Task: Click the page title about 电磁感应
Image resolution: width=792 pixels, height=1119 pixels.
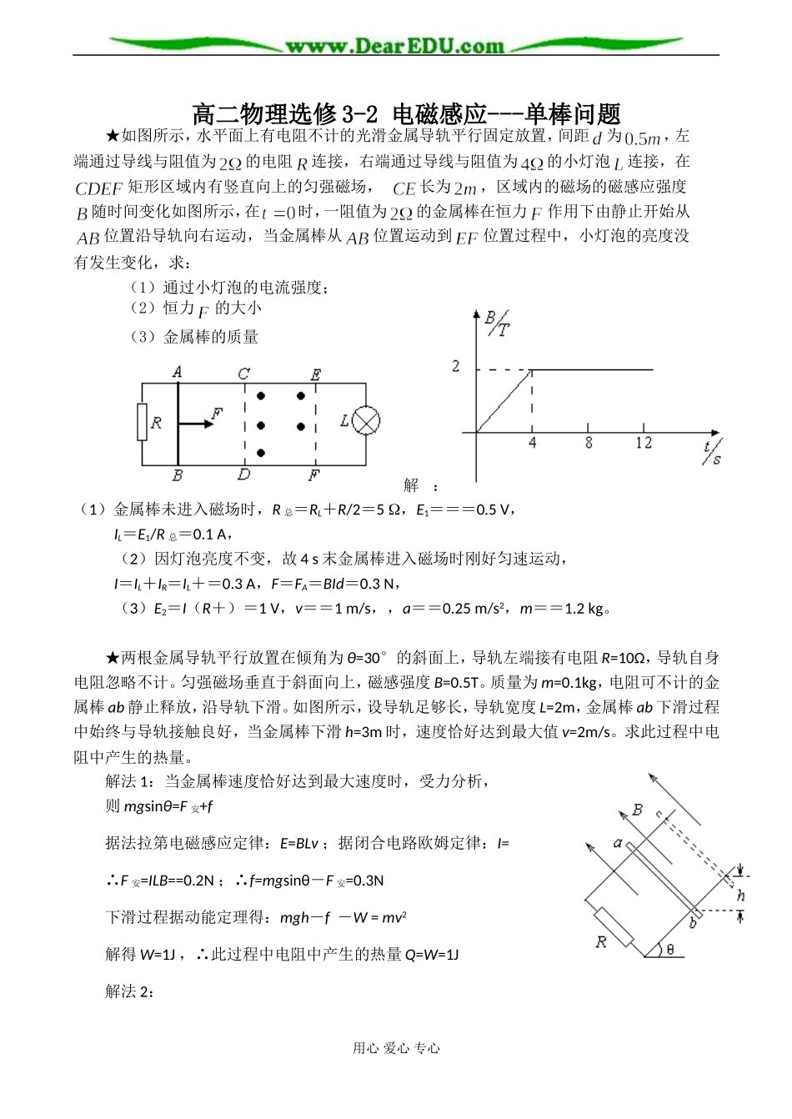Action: point(407,112)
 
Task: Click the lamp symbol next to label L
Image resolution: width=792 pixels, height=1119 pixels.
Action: point(365,422)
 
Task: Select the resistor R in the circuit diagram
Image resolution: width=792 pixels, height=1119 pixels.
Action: point(142,423)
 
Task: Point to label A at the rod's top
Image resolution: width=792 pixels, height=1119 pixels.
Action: point(178,372)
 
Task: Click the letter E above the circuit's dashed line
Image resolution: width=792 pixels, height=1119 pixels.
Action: point(315,374)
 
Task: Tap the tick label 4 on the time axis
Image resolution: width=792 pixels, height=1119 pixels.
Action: point(533,444)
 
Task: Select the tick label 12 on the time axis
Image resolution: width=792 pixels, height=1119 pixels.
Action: point(643,444)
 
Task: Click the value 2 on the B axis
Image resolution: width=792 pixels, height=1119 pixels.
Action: point(456,367)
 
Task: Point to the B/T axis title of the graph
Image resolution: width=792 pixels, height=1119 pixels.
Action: point(497,323)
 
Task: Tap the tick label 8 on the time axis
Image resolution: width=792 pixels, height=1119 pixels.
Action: point(589,444)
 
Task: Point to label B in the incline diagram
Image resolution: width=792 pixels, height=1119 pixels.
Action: point(639,810)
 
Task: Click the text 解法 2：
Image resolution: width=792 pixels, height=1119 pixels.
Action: point(129,991)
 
